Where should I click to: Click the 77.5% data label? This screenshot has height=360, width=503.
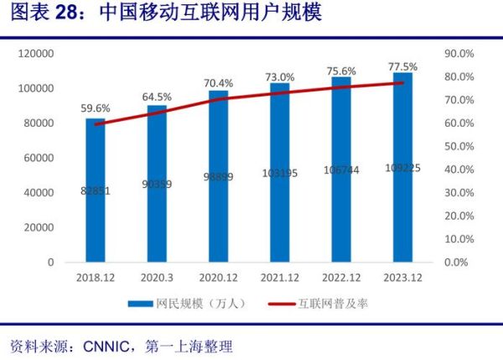pyautogui.click(x=403, y=66)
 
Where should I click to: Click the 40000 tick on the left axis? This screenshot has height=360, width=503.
pyautogui.click(x=39, y=193)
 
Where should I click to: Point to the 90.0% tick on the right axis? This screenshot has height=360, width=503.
pyautogui.click(x=459, y=54)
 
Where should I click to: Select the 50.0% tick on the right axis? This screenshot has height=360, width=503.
pyautogui.click(x=459, y=146)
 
